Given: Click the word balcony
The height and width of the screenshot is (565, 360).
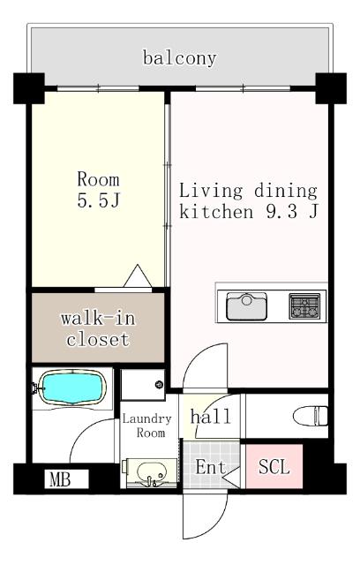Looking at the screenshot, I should tap(179, 59).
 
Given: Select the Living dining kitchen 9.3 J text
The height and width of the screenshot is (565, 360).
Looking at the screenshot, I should tap(248, 201).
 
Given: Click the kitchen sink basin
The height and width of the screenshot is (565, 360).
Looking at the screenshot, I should tap(246, 306).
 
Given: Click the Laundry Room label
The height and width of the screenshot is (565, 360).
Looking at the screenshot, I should tap(143, 426).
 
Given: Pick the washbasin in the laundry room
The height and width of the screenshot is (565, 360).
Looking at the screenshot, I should tap(152, 473).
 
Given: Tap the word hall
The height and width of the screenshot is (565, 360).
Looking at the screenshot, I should tap(211, 416).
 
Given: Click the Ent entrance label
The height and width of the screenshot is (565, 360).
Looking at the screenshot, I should tap(209, 467).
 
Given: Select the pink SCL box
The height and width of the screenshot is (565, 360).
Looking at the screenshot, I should tap(274, 466).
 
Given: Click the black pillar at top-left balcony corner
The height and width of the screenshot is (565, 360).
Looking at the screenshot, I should tap(28, 87).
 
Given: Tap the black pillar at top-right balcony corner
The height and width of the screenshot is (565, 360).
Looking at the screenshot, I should tap(331, 87).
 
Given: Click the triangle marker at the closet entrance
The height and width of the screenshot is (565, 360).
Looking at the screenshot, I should tap(139, 276).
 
